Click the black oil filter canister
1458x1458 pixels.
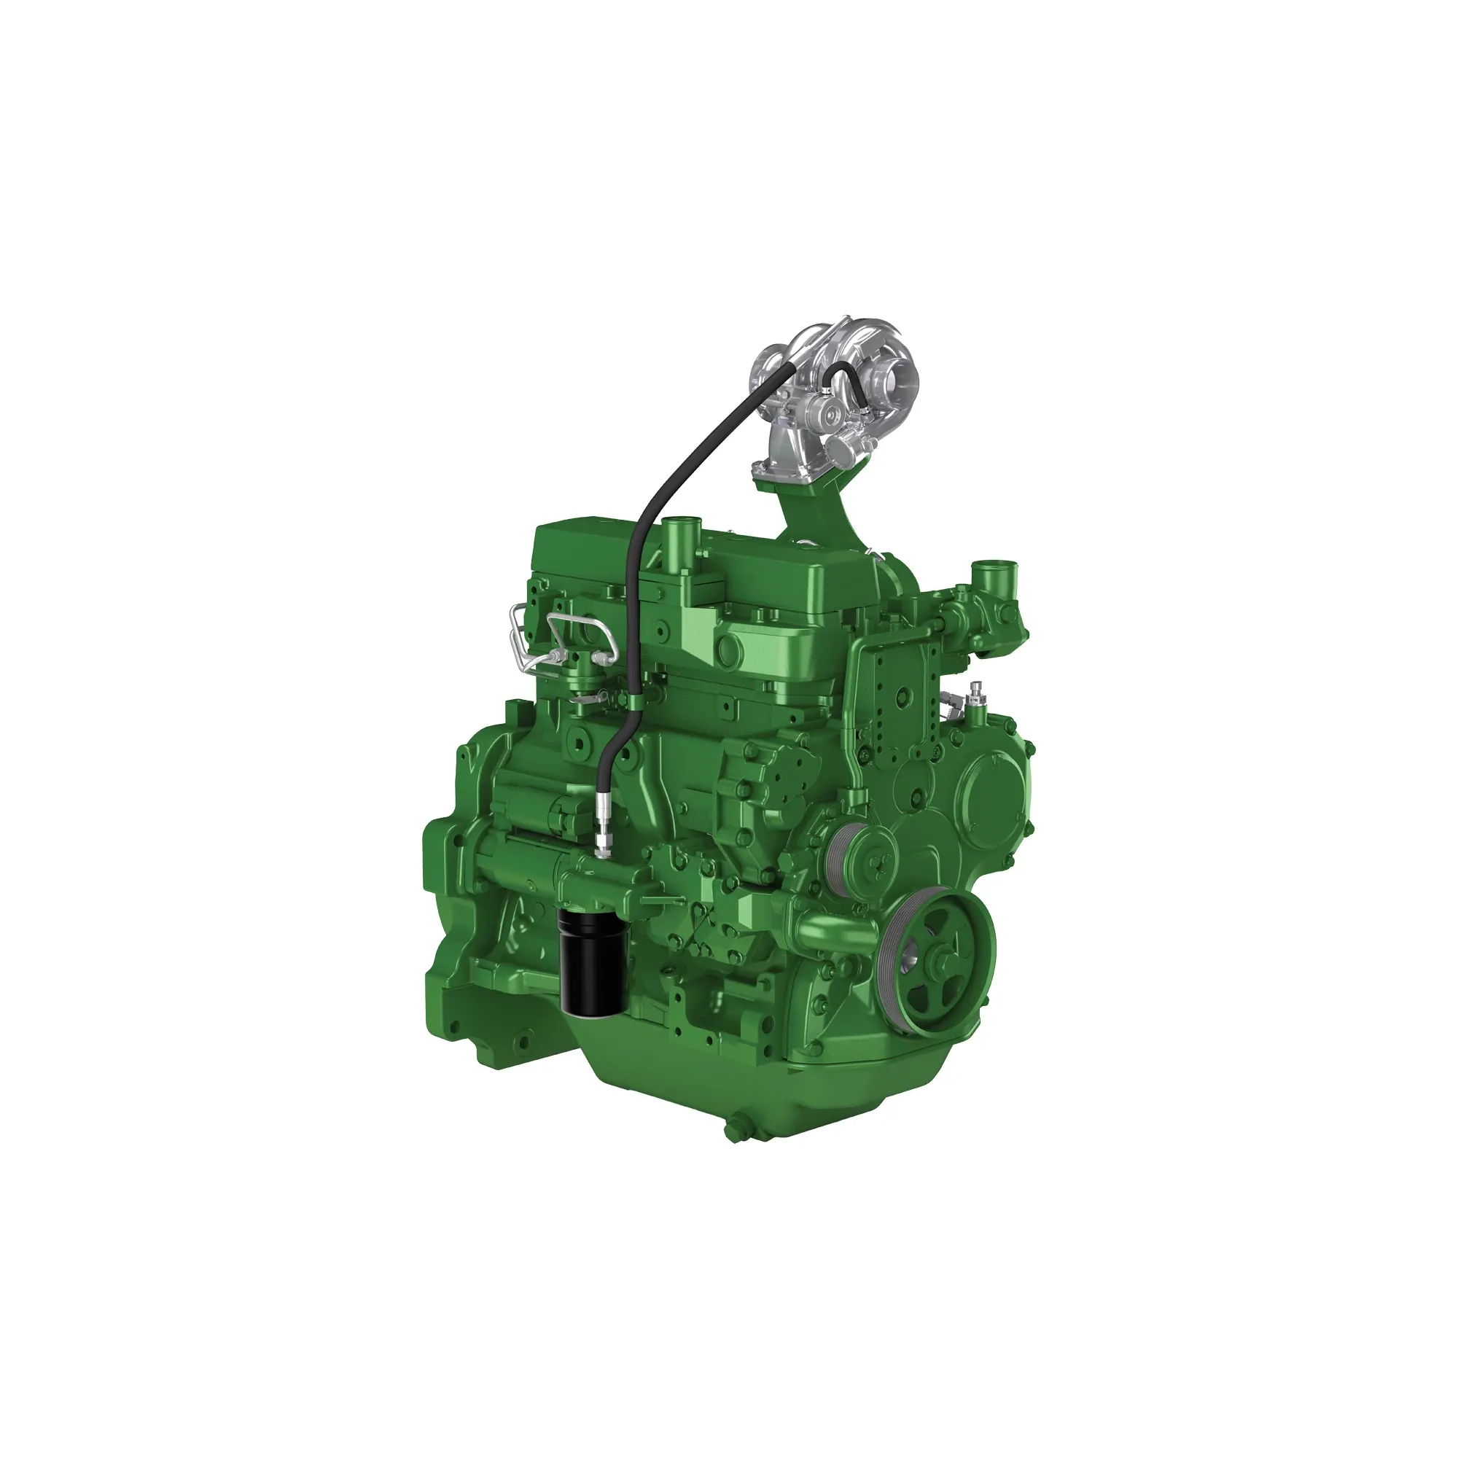pos(593,962)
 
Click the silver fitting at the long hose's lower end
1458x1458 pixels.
pos(602,838)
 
